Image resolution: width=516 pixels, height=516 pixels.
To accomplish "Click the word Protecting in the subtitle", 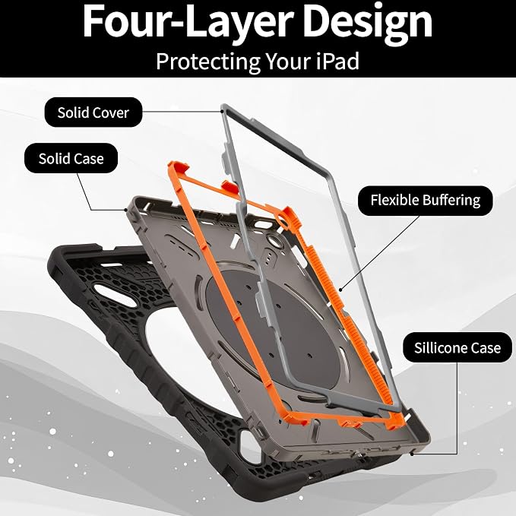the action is pos(208,62).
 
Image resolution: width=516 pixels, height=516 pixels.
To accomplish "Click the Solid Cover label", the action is pos(93,112).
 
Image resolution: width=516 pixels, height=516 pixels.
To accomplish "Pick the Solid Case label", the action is pos(71,158).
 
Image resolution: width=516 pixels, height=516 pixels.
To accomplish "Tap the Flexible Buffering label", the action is pos(425,201).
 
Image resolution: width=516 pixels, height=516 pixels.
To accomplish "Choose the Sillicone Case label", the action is pos(457,347).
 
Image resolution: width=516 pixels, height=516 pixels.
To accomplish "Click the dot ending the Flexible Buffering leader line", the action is pos(340,290).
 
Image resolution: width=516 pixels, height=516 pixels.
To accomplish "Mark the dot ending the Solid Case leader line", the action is pos(125,210).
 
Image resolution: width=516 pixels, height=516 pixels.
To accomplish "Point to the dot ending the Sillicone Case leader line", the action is pos(412,454).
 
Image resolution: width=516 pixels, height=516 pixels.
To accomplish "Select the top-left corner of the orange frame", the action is pos(170,164).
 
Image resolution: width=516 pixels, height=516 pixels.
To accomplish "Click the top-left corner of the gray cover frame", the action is pos(223,106).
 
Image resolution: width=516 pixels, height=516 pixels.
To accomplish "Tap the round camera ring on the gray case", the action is pos(274,241).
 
